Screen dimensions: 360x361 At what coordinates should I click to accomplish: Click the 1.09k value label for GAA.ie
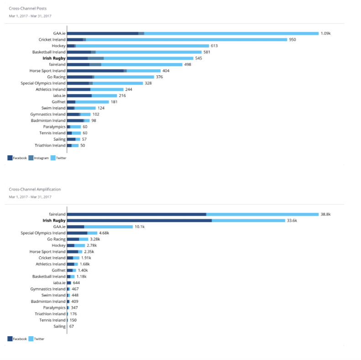tap(325, 33)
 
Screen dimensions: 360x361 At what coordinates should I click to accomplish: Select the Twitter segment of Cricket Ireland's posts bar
tap(186, 40)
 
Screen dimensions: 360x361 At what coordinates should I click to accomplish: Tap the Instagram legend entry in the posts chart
tap(38, 158)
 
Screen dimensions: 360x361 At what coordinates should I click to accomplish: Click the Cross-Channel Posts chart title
tap(27, 8)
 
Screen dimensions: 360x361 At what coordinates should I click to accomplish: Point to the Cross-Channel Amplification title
tap(35, 189)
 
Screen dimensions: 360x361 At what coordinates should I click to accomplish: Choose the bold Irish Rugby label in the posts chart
tap(54, 58)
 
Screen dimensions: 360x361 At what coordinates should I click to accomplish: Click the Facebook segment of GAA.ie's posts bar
tap(102, 33)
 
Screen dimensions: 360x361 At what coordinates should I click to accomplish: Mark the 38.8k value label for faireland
tap(325, 214)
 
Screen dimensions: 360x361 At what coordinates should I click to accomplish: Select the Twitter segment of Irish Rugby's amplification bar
tap(248, 221)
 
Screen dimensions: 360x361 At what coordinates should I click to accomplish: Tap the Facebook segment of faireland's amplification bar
tap(136, 214)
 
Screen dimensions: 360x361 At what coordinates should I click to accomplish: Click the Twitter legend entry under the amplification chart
tap(36, 339)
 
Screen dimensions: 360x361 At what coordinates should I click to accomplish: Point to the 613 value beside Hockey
tap(214, 46)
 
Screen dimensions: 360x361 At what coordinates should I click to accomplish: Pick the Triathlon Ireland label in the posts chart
tap(50, 145)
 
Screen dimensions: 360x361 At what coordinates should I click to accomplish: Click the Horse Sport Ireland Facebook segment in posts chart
tap(95, 71)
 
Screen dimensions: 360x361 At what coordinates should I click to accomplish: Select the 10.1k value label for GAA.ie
tap(139, 227)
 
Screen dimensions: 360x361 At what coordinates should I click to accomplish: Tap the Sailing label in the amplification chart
tap(59, 326)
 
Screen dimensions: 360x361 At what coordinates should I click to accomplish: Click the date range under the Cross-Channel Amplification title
tap(30, 197)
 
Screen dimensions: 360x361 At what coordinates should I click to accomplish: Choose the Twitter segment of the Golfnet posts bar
tap(92, 102)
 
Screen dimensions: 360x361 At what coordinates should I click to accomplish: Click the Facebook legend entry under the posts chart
tap(17, 158)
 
